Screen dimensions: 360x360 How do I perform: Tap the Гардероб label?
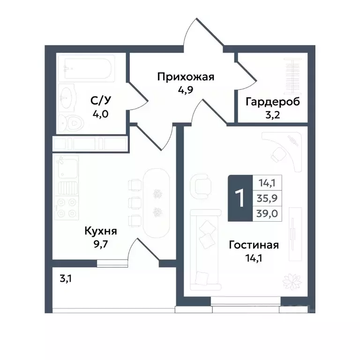(x=272, y=101)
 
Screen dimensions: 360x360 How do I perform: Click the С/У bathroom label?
(x=101, y=101)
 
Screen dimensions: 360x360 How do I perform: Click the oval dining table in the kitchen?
(x=157, y=202)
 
